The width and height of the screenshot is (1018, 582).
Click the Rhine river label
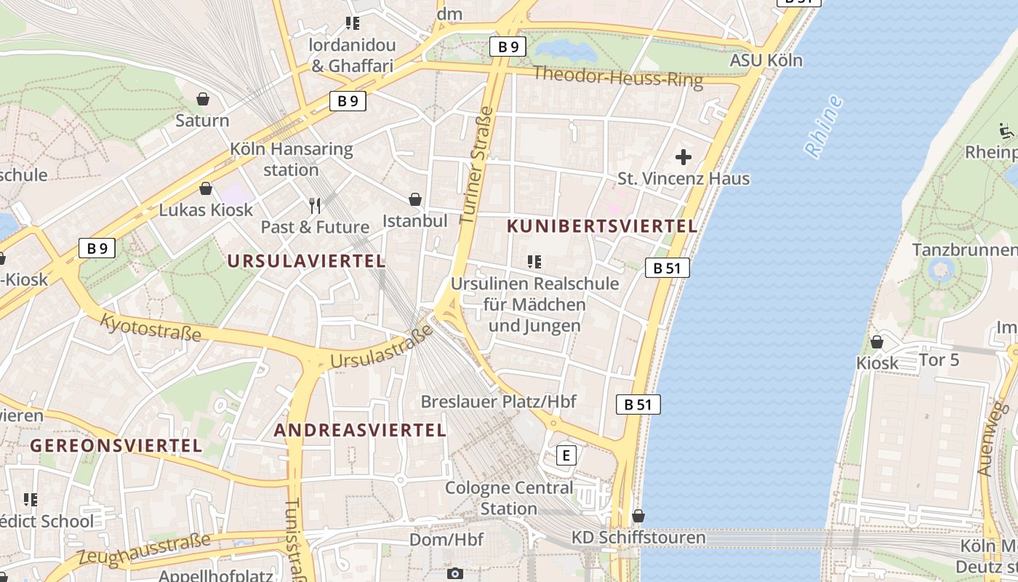pos(824,126)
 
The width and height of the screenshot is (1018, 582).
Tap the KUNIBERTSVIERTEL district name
pos(602,226)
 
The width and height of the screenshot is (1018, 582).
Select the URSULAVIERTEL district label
pos(306,261)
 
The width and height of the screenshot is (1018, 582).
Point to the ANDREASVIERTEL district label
pos(360,430)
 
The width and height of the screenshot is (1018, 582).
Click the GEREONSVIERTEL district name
pos(116,445)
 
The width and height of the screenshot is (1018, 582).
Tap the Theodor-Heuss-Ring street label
pos(618,76)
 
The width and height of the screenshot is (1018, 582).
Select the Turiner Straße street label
pos(477,166)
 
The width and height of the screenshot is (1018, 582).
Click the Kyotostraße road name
pos(151,327)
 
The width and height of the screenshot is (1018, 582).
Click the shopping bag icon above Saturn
pos(203,99)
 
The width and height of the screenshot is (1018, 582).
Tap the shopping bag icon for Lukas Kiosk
pos(206,189)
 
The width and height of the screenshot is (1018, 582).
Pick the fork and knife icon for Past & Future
pos(315,206)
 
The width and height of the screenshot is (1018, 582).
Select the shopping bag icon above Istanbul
pos(415,199)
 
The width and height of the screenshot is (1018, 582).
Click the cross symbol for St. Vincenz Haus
pos(684,156)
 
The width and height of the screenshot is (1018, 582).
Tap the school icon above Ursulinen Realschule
pos(535,262)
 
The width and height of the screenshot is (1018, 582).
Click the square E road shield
pos(566,455)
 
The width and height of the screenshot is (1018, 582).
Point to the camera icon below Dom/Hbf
pos(455,573)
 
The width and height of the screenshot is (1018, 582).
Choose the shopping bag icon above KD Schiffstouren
pos(638,516)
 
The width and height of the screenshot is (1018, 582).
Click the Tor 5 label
pos(939,359)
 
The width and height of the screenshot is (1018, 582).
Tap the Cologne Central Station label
pos(509,498)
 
